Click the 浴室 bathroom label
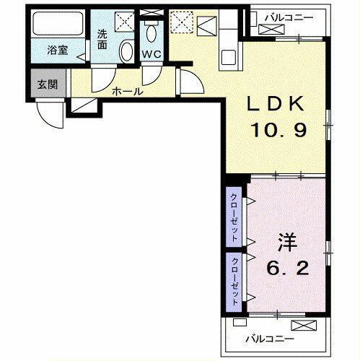pos(57,51)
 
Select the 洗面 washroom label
pos(104,38)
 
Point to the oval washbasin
pos(126,51)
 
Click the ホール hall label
pos(127,92)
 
